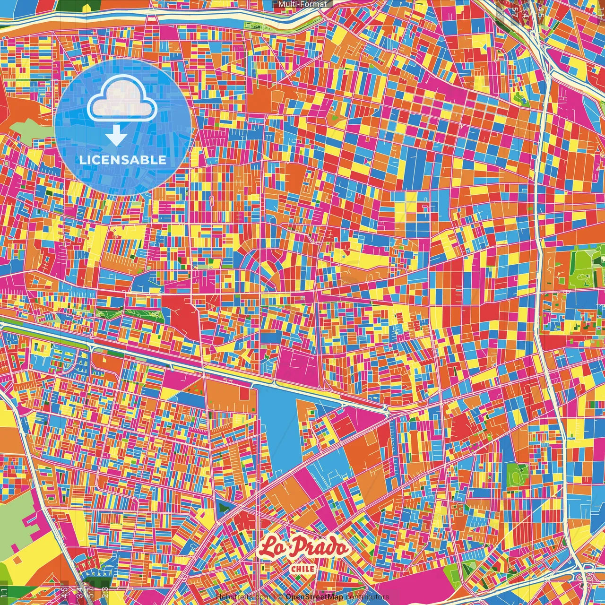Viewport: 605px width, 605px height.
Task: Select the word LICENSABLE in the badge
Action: [123, 160]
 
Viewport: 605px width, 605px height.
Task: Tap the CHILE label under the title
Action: [302, 569]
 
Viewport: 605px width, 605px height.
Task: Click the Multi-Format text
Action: [302, 4]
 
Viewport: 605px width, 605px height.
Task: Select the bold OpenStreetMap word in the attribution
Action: [314, 597]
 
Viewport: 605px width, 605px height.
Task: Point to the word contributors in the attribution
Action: [367, 597]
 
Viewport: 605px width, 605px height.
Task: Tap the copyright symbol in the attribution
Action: [280, 597]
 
